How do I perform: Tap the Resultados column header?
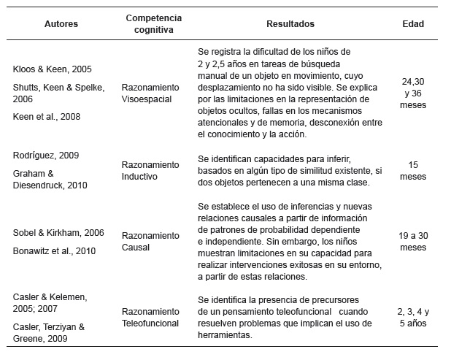tap(290, 24)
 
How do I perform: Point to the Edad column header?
tap(413, 24)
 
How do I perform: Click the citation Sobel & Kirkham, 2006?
tap(58, 233)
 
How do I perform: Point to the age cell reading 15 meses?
tap(413, 170)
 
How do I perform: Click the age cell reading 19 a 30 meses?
tap(413, 242)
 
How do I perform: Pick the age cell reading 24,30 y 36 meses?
tap(413, 94)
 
